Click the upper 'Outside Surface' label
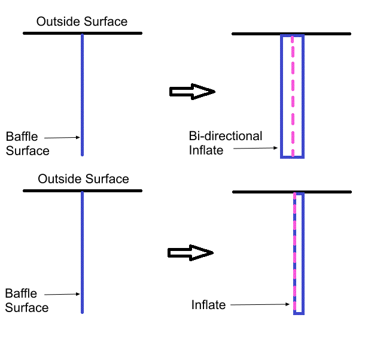point(82,22)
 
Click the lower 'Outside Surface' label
point(83,179)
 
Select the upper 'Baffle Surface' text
point(28,143)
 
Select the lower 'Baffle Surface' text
point(26,300)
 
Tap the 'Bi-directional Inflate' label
point(225,143)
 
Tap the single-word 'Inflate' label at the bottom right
point(208,305)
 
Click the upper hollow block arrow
point(192,92)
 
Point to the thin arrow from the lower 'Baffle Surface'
point(62,294)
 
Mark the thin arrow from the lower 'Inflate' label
point(261,305)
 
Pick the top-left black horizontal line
point(82,34)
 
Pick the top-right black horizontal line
point(291,34)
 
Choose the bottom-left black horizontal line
point(83,191)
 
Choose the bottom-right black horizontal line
point(291,192)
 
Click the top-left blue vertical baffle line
point(82,96)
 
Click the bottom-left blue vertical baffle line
point(82,252)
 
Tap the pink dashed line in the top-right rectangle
point(292,96)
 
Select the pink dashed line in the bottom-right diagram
point(294,252)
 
